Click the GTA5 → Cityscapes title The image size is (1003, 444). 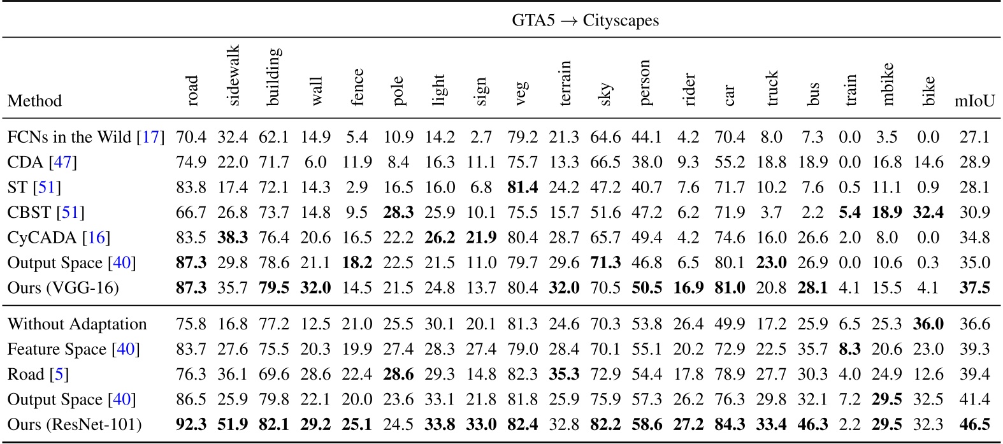click(585, 20)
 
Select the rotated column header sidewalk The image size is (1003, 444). click(233, 75)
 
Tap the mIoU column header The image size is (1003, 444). click(974, 101)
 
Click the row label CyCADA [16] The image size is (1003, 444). click(59, 238)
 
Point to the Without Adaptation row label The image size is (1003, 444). click(77, 324)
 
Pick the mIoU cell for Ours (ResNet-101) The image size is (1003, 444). click(974, 425)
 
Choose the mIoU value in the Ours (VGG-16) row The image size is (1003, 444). click(974, 288)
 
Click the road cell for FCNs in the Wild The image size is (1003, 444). click(191, 137)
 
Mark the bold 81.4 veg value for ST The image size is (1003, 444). click(523, 187)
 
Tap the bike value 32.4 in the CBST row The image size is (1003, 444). click(928, 212)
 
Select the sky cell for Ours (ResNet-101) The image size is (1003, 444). click(605, 425)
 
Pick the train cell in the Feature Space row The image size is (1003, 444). click(851, 349)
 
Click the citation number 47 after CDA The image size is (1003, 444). click(62, 162)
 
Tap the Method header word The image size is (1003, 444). click(34, 101)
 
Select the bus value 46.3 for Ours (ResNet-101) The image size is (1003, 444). click(812, 425)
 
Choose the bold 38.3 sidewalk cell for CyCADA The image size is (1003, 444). click(233, 238)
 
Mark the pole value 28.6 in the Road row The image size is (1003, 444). click(398, 374)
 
